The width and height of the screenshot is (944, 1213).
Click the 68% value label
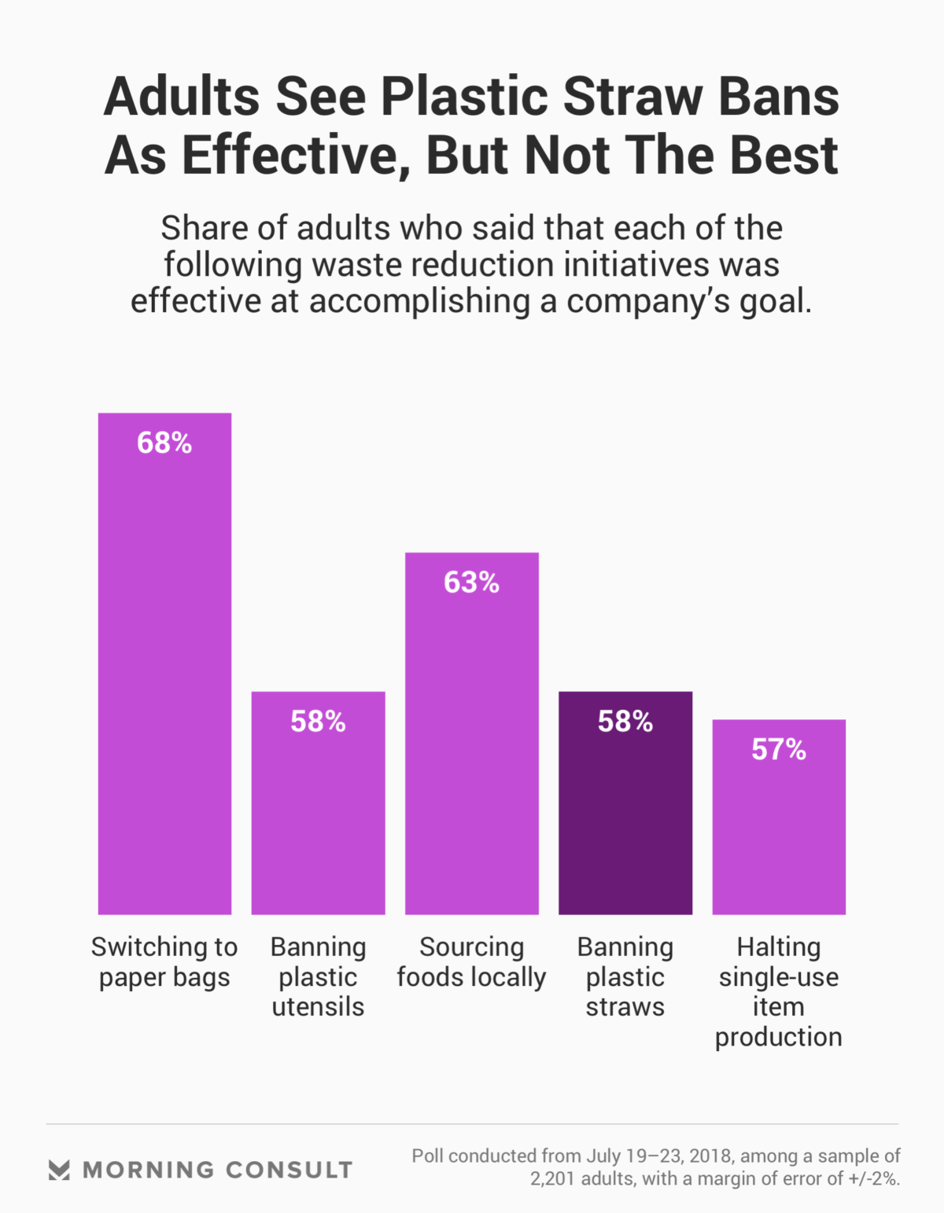164,443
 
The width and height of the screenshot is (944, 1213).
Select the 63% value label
472,583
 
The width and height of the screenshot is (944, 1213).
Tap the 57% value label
779,750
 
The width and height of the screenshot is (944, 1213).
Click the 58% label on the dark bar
625,722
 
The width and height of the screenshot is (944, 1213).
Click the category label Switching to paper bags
164,962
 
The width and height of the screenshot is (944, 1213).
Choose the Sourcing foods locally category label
472,962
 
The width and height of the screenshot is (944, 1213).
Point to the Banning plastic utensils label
318,977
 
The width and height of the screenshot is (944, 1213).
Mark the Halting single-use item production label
779,992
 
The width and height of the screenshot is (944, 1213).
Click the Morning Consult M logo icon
59,1170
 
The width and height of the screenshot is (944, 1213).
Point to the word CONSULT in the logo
289,1170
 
